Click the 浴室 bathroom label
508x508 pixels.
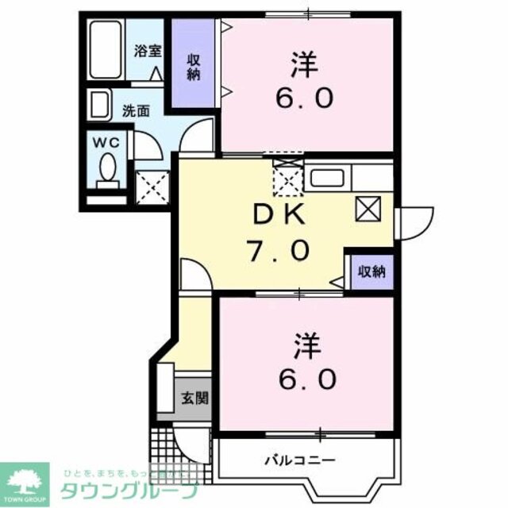coord(148,52)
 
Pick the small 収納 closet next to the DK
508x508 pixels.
coord(371,271)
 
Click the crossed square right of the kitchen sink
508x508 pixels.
coord(371,209)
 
